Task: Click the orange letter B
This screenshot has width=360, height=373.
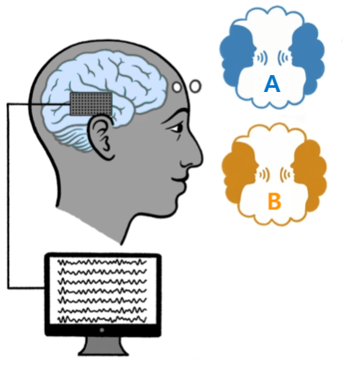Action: [x=274, y=202]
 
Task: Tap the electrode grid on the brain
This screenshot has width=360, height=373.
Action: [x=91, y=104]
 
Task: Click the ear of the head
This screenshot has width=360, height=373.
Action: [x=103, y=138]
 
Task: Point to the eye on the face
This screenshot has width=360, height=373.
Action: [x=176, y=128]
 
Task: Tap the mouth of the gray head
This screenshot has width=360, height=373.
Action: [x=180, y=179]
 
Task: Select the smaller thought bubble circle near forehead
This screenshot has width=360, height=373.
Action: [x=177, y=87]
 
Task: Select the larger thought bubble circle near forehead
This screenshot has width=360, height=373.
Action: [x=196, y=86]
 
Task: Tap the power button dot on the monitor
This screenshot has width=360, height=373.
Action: [x=102, y=330]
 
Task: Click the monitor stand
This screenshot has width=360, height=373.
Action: [x=103, y=346]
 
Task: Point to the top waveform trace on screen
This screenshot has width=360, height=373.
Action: [x=102, y=262]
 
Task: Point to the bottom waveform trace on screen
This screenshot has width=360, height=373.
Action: [x=102, y=319]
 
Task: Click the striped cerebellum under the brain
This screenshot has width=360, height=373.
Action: [x=74, y=138]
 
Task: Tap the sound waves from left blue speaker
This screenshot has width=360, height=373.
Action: [x=261, y=58]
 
